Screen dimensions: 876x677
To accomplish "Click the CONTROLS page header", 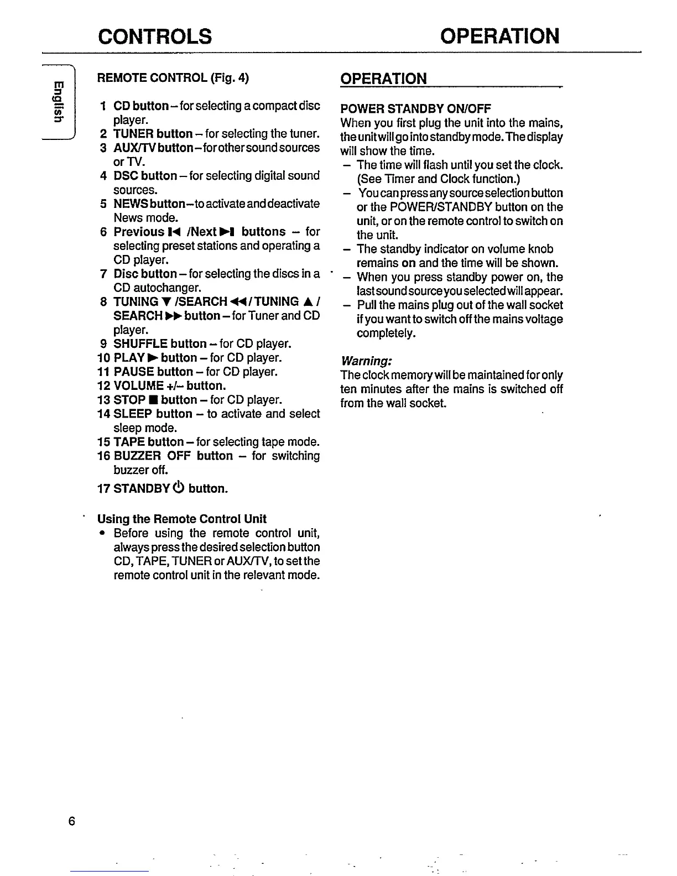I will point(154,36).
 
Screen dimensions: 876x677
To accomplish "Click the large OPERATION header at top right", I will point(499,36).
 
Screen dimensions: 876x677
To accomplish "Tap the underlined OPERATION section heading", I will point(383,79).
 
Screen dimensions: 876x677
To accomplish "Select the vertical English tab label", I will point(57,101).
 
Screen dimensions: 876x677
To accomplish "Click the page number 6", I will point(71,821).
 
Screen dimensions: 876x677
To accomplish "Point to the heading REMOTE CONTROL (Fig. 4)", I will point(173,78).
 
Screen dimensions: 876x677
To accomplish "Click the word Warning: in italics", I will point(366,361).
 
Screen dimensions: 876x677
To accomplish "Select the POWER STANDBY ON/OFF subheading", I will point(415,108).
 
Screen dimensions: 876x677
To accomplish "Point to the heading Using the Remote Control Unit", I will point(181,519).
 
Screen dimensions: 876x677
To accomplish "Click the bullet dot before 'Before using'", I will point(102,534).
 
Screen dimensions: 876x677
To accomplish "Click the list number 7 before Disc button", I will point(103,274).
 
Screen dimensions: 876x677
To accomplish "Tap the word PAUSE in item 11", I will point(133,372).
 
